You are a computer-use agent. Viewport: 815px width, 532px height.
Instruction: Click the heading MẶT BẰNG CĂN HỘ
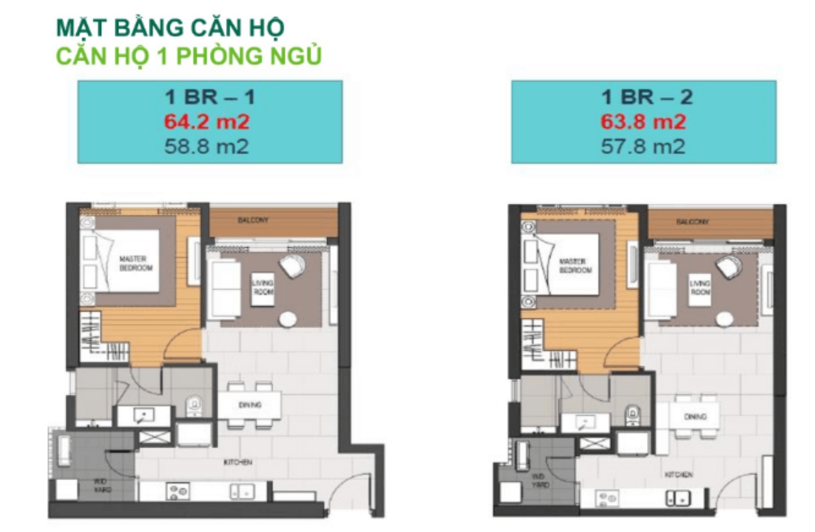170,28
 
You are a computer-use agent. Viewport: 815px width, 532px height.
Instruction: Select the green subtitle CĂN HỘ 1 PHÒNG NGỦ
188,55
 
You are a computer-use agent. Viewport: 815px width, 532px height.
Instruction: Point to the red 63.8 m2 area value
643,122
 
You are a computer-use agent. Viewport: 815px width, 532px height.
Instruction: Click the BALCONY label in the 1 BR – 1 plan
253,220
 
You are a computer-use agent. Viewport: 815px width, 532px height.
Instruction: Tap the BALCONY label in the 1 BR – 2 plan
691,222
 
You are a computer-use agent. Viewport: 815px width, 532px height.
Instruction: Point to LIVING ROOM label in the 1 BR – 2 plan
701,287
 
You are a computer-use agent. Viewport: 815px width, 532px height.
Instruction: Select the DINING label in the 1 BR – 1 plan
250,405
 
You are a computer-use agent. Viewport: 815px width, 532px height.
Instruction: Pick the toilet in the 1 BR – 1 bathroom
193,405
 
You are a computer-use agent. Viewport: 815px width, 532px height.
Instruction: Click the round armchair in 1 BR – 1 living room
292,266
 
